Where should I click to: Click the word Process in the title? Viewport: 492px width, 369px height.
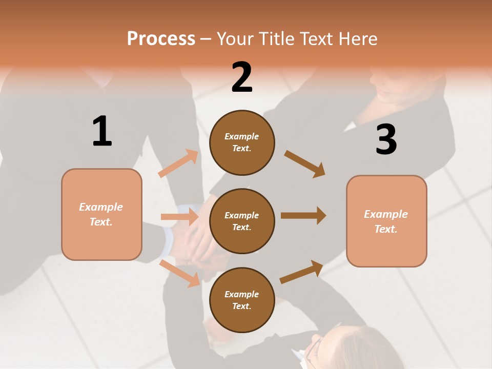[161, 38]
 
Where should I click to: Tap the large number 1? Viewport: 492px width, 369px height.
[102, 131]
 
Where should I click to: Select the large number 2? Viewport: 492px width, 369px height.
[242, 77]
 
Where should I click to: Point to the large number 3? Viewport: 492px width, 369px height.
[386, 139]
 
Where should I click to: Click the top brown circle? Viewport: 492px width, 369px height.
[242, 142]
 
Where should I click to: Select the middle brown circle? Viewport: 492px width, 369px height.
[242, 221]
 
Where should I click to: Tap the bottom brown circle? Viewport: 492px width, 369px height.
[242, 300]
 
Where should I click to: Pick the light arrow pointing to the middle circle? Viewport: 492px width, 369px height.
[180, 217]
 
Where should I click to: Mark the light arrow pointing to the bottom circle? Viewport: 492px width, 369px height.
[180, 273]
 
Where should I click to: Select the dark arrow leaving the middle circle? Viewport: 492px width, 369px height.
[303, 216]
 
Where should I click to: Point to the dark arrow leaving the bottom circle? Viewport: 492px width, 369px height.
[301, 272]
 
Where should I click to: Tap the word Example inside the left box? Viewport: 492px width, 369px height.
[101, 207]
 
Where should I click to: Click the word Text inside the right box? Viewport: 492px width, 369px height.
[385, 229]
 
